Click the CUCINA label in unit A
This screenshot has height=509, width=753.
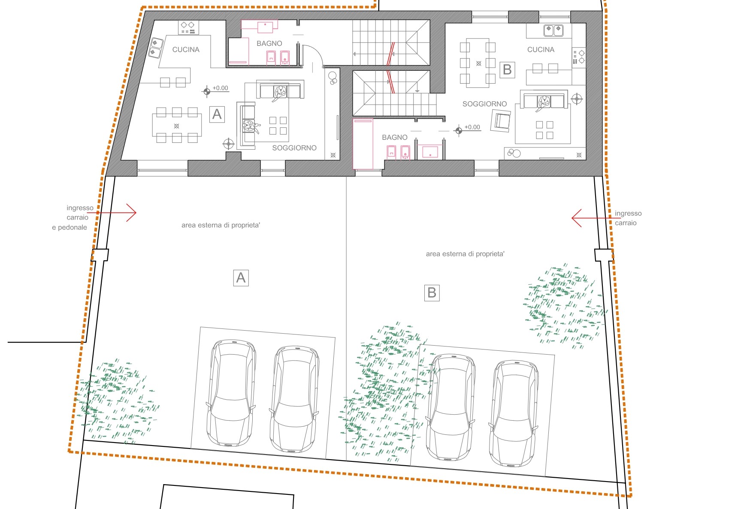click(186, 50)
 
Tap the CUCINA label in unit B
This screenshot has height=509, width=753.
click(541, 50)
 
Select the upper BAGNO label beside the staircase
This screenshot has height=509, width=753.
click(269, 43)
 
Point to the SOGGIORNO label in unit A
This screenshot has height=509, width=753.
click(294, 148)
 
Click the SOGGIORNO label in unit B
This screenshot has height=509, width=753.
click(484, 104)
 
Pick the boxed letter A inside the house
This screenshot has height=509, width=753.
click(217, 114)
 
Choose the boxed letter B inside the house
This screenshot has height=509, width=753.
click(507, 69)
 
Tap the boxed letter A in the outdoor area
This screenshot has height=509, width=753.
click(241, 278)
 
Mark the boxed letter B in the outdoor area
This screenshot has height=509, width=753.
click(432, 293)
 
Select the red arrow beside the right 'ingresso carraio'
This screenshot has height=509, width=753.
click(596, 218)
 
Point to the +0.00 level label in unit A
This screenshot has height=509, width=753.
click(221, 88)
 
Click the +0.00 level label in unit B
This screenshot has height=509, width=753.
click(472, 127)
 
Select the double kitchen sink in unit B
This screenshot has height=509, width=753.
click(553, 30)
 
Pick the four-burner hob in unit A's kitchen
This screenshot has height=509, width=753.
click(187, 27)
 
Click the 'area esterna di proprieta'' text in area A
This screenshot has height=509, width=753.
click(221, 225)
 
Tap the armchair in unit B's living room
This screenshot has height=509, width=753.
click(501, 120)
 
